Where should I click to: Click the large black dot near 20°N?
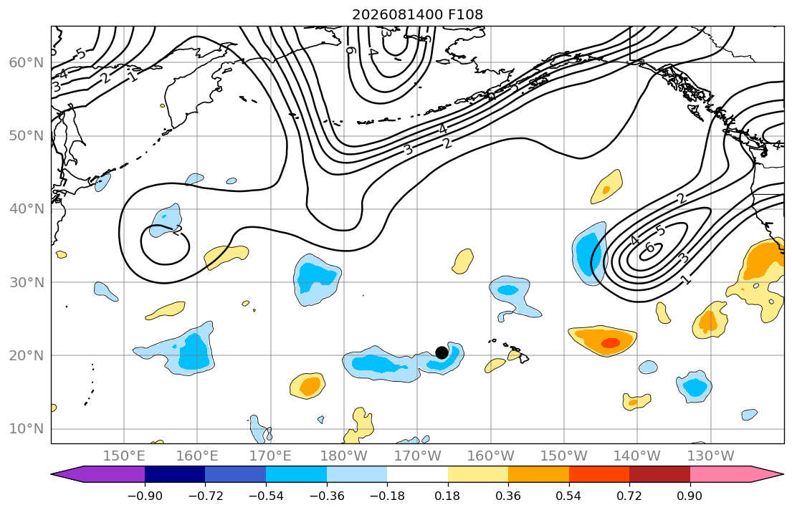[442, 352]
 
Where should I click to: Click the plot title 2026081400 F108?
[417, 14]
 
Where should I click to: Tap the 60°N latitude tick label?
[27, 62]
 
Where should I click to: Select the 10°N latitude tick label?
[27, 429]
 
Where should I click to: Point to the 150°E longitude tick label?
[124, 456]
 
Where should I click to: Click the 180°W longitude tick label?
[344, 456]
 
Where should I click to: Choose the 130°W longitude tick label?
[711, 456]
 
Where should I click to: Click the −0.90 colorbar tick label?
[145, 496]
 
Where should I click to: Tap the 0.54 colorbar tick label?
[569, 496]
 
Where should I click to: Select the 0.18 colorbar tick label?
[447, 496]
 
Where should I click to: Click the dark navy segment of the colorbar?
[175, 474]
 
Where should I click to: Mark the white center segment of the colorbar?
[417, 474]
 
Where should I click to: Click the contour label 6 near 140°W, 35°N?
[650, 247]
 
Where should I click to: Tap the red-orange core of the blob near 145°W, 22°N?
[610, 343]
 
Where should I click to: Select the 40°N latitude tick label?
[27, 209]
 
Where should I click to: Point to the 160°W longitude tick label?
[490, 456]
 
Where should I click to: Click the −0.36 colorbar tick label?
[326, 496]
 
